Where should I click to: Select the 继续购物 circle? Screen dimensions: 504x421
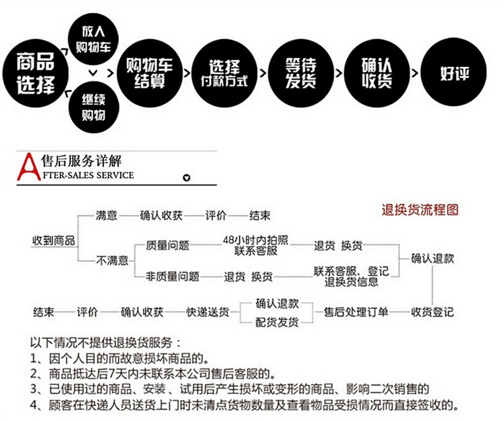coord(93,107)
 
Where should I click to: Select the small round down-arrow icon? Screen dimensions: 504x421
coord(188,178)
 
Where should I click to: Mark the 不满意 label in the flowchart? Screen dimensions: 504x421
coord(112,260)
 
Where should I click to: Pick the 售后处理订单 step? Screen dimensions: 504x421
coord(356,312)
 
